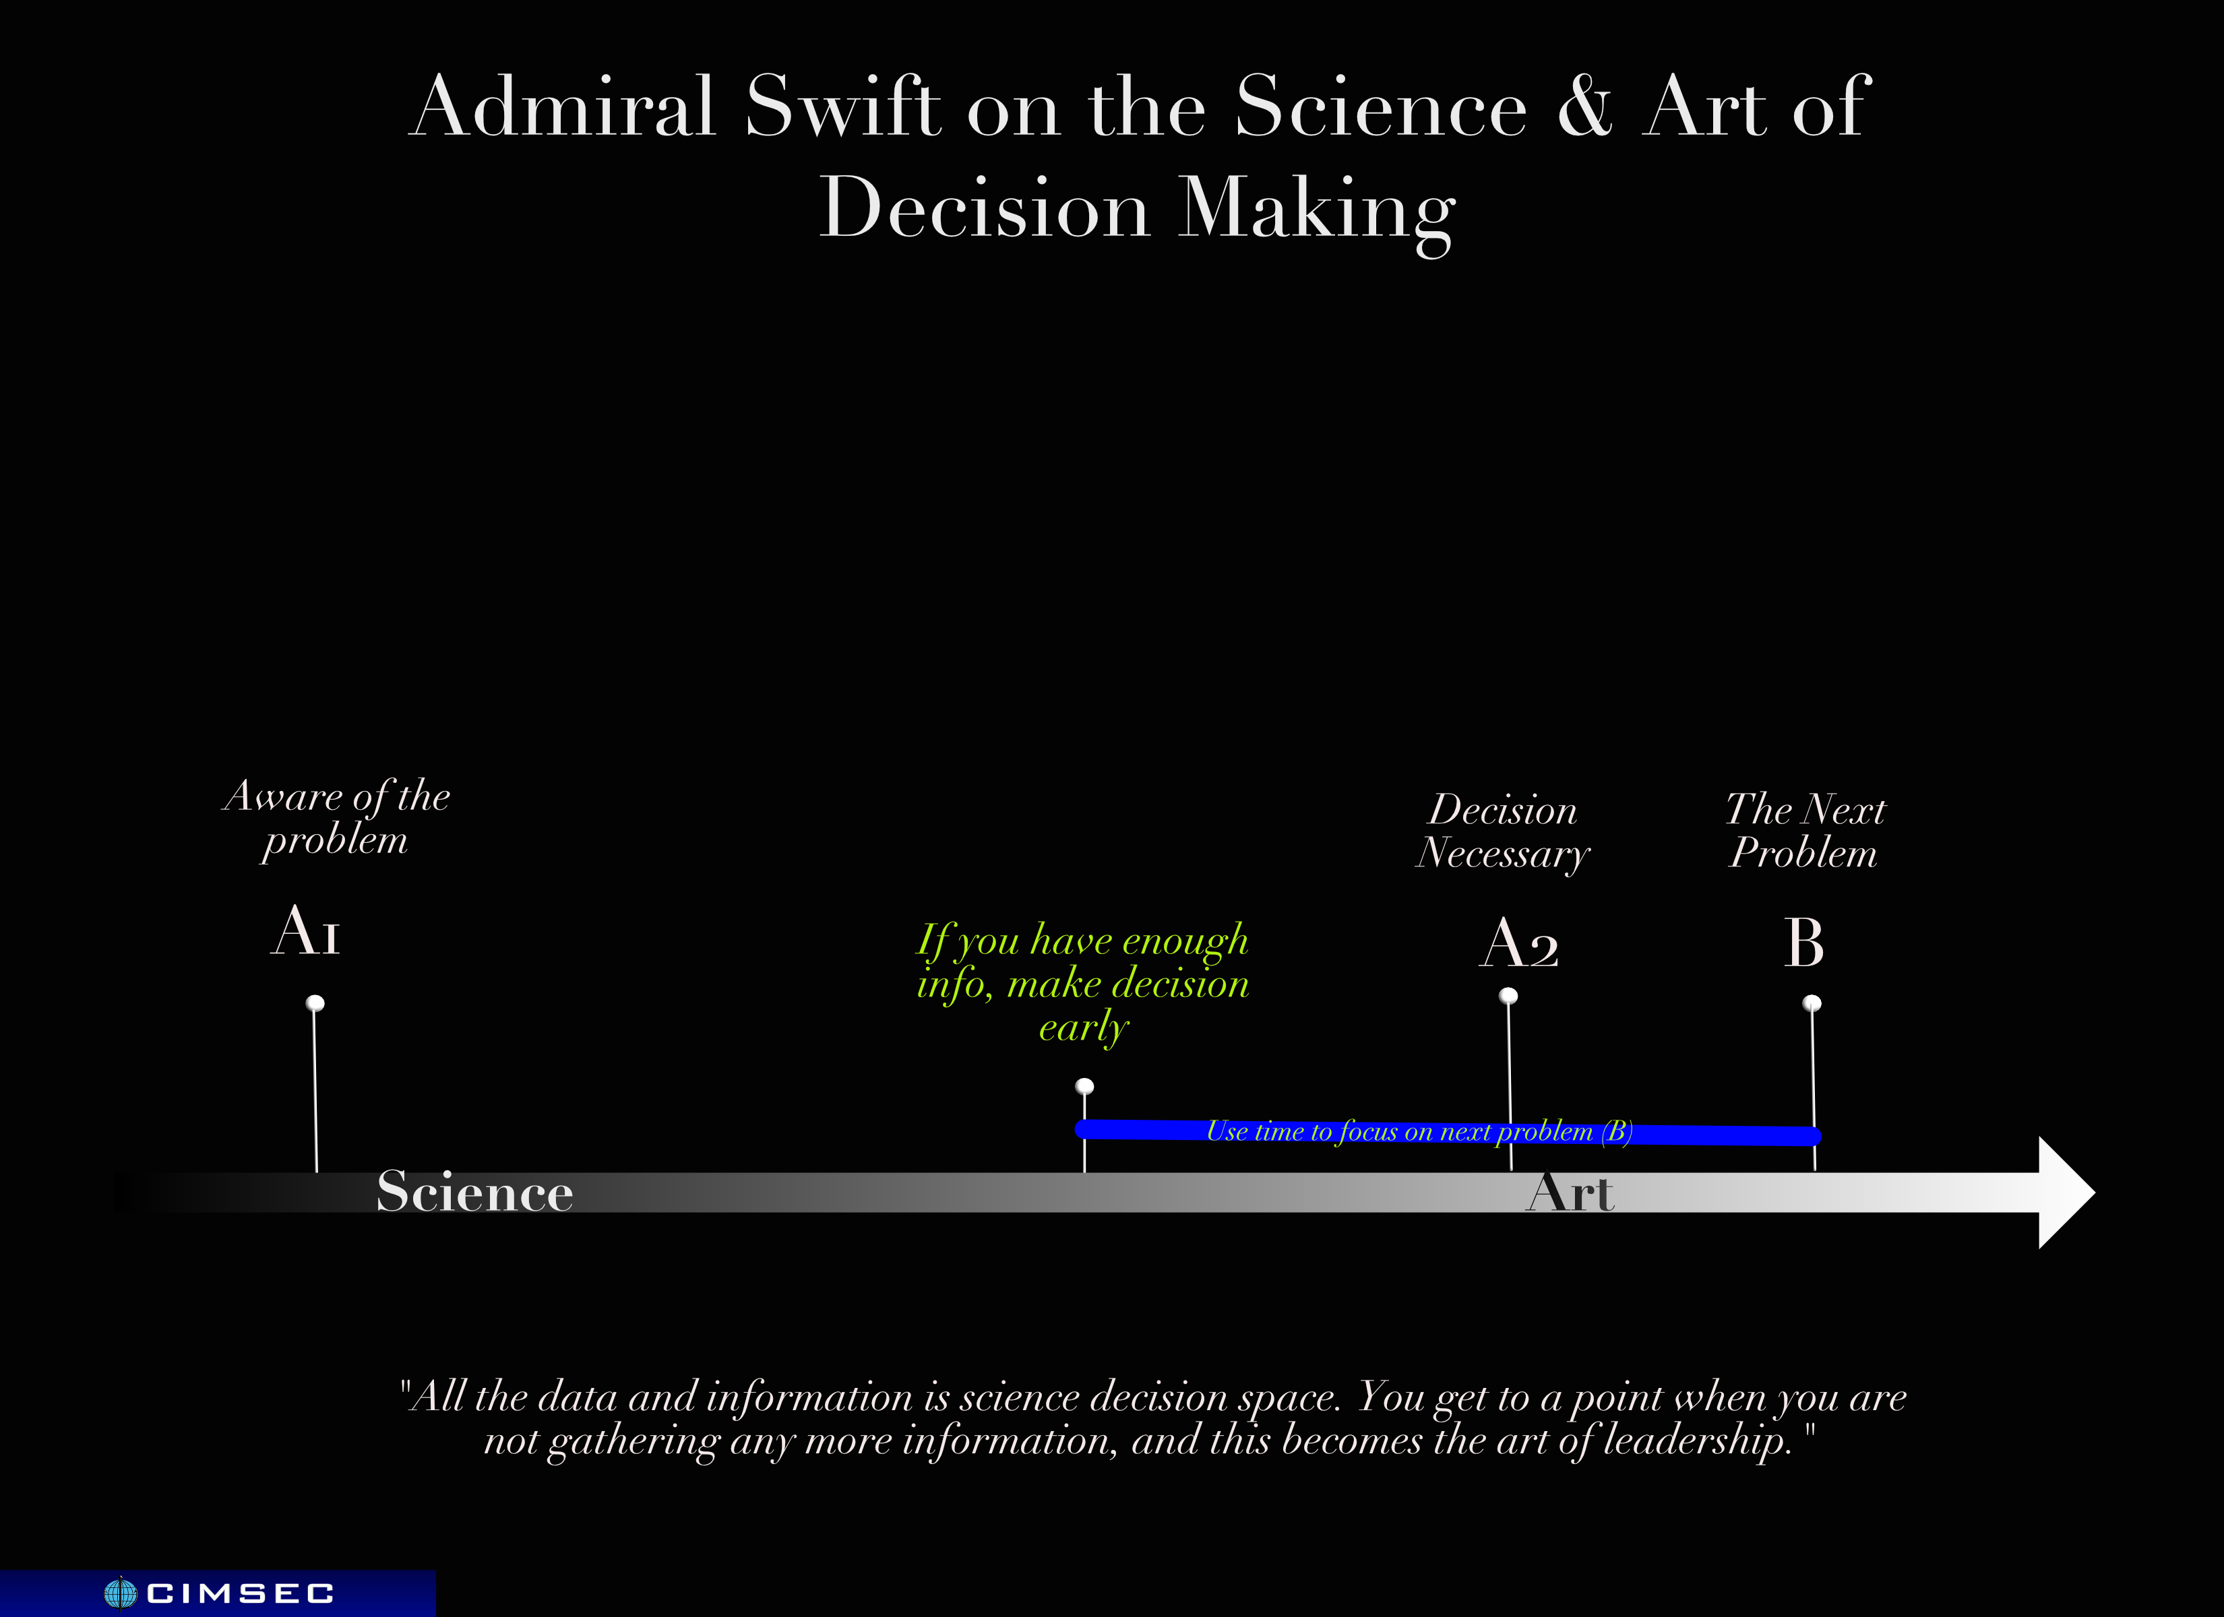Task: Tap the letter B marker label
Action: click(x=1803, y=943)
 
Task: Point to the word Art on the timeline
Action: click(x=1570, y=1193)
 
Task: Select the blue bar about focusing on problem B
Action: click(x=1448, y=1132)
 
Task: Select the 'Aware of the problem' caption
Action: click(x=336, y=818)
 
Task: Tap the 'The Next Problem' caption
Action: click(x=1804, y=831)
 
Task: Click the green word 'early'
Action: click(x=1084, y=1027)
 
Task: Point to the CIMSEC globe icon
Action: click(x=121, y=1593)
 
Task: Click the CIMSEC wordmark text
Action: click(x=240, y=1593)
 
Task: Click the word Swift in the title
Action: click(x=842, y=106)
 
